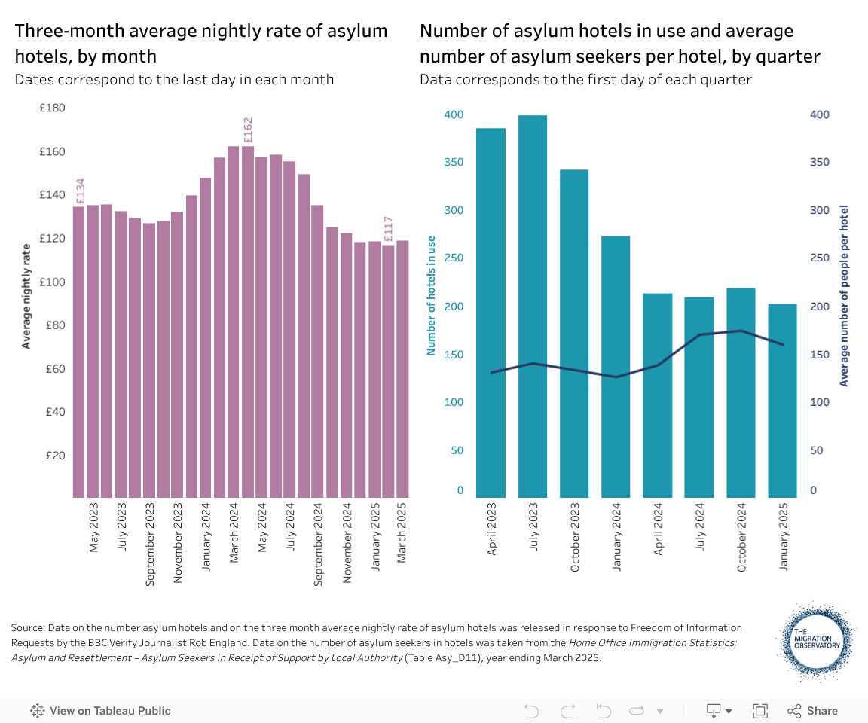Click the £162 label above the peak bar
pyautogui.click(x=248, y=130)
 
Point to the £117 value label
pyautogui.click(x=389, y=230)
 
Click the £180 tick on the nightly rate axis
pyautogui.click(x=53, y=108)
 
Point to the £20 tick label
pyautogui.click(x=55, y=456)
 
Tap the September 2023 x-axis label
pyautogui.click(x=151, y=544)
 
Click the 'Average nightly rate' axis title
pyautogui.click(x=27, y=296)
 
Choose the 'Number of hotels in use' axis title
pyautogui.click(x=432, y=296)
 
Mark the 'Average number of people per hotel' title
pyautogui.click(x=844, y=295)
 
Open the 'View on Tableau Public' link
pyautogui.click(x=100, y=711)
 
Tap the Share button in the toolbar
pyautogui.click(x=813, y=711)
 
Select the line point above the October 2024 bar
pyautogui.click(x=741, y=331)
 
